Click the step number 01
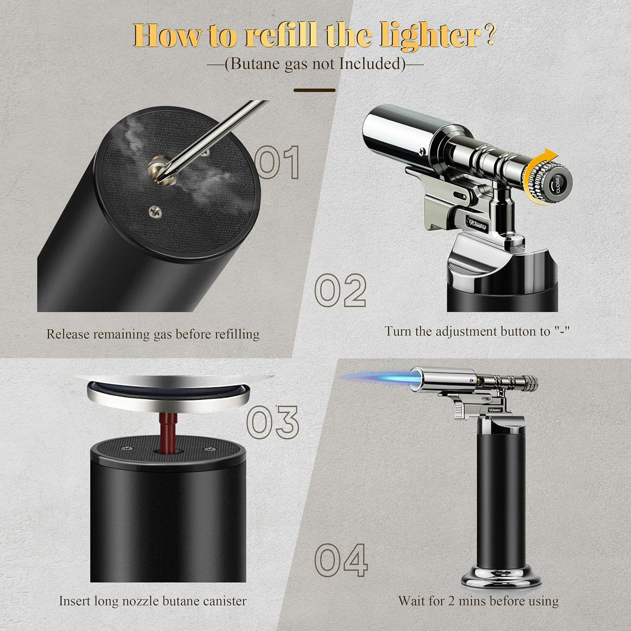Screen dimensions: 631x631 (x=279, y=162)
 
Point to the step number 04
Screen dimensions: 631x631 (x=341, y=560)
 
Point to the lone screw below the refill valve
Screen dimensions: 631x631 (x=154, y=210)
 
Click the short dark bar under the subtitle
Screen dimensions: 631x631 (x=314, y=90)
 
